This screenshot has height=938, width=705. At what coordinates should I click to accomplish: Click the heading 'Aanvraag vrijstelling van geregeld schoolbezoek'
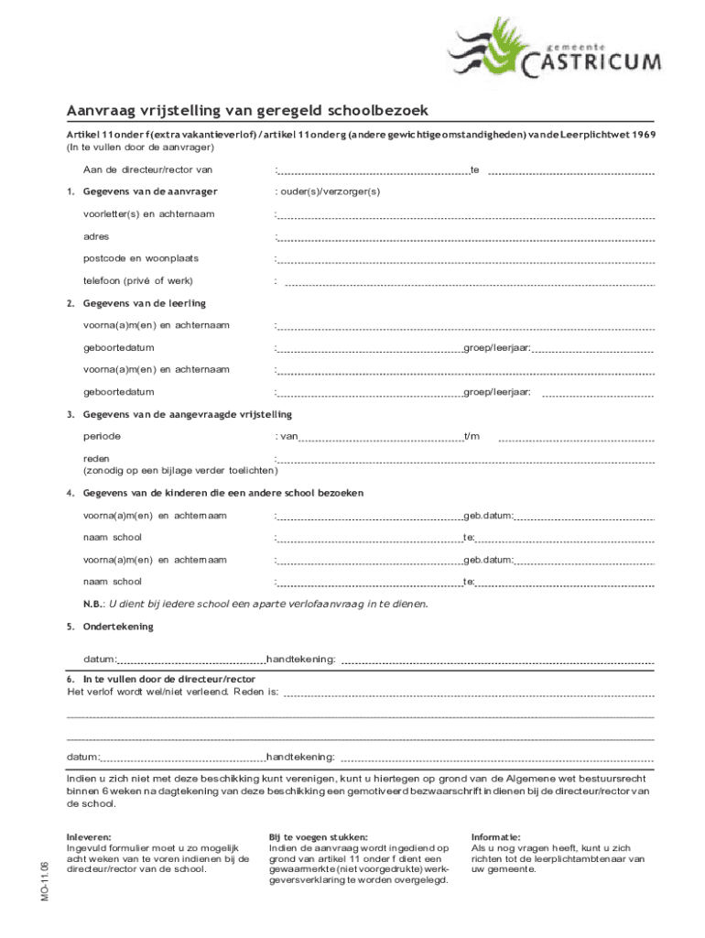pos(246,111)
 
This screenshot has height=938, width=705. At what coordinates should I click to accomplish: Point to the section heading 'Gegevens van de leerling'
pos(145,303)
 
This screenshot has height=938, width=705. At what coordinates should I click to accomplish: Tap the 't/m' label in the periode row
pos(472,436)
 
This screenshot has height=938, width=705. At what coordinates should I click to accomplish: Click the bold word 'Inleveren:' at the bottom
pos(89,837)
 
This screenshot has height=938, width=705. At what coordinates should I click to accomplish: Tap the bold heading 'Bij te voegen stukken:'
pos(319,837)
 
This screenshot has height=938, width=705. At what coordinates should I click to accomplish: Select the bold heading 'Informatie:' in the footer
pos(495,837)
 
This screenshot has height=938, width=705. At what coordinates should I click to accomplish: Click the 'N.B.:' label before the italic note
pos(93,604)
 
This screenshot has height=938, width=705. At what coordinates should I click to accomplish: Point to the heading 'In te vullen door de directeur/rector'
pos(168,680)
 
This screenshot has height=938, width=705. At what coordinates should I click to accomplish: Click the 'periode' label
pos(102,436)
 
